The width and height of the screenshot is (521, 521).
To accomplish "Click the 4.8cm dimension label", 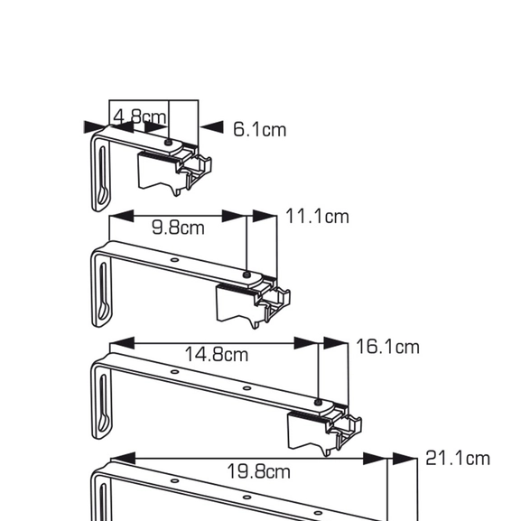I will point(140,116).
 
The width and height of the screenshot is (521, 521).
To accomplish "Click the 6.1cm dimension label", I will point(259,129).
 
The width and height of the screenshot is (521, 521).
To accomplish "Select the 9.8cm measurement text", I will point(178,228).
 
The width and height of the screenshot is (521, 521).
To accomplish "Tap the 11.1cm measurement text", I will point(317,217).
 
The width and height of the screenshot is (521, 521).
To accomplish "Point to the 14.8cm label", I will point(217,354).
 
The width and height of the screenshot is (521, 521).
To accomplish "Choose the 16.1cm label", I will point(387,347).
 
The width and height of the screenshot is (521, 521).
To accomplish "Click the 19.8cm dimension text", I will point(259,470).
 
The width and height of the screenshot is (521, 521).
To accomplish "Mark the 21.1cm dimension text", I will point(457,459).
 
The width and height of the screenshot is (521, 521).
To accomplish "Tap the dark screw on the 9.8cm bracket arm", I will point(247,274).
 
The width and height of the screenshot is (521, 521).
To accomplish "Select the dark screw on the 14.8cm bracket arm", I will point(318,400).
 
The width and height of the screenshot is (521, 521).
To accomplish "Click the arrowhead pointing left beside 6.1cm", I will point(210,127).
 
